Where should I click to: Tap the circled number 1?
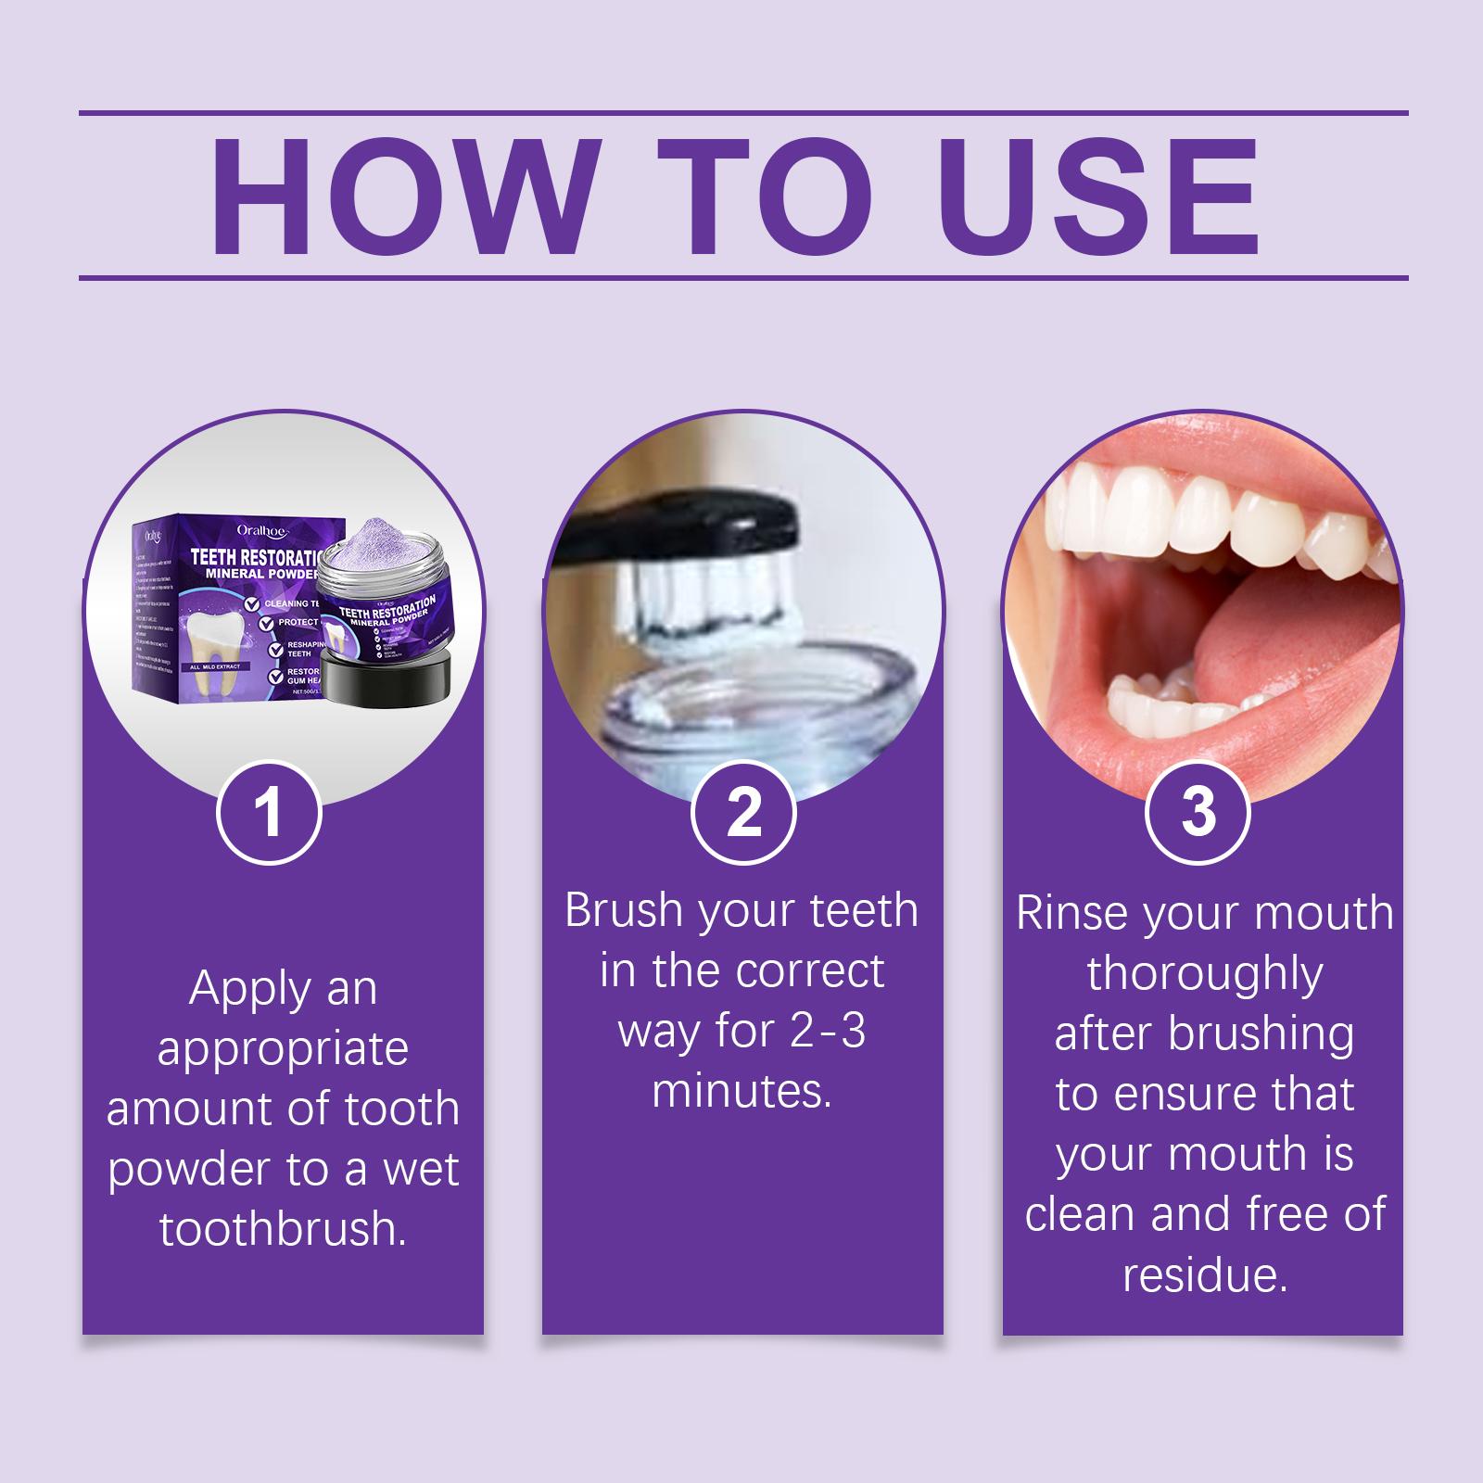tap(269, 813)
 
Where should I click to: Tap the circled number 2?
tap(743, 812)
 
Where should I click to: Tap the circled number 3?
tap(1198, 812)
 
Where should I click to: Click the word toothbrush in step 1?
tap(283, 1229)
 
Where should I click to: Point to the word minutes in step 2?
tap(741, 1090)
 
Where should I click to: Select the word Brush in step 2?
tap(625, 910)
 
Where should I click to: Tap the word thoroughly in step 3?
tap(1204, 973)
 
